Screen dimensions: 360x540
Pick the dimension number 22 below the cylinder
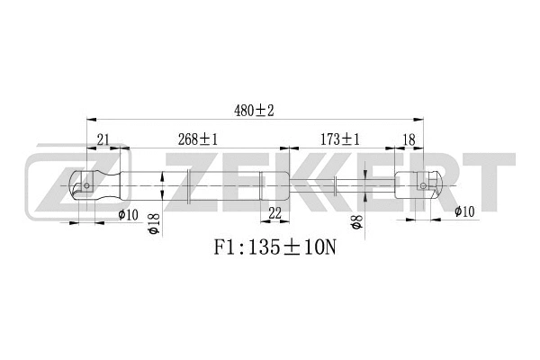tap(274, 212)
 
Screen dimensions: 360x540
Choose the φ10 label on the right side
tap(464, 212)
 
